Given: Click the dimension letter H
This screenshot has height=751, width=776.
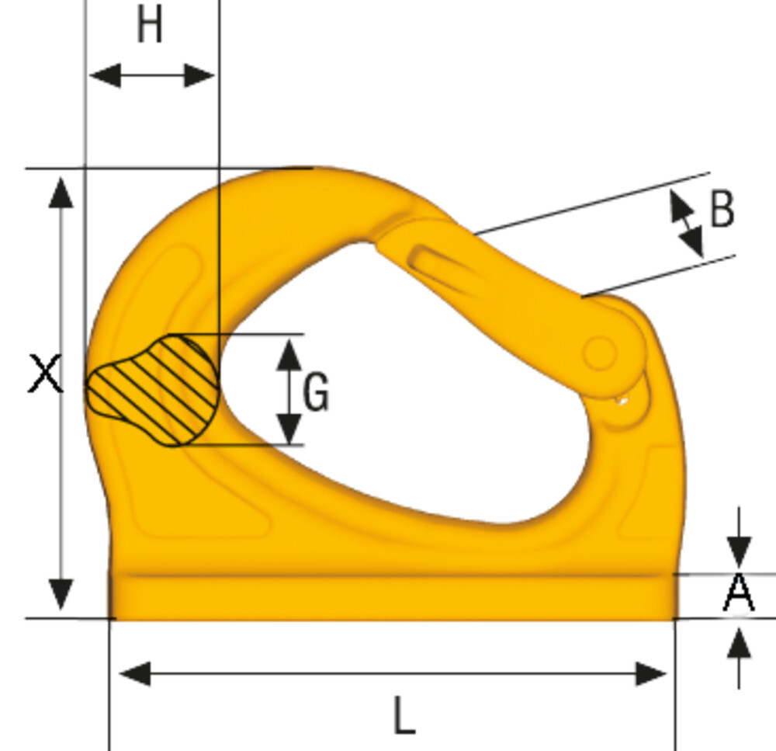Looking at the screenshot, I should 150,27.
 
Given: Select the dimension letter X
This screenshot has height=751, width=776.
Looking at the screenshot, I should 45,374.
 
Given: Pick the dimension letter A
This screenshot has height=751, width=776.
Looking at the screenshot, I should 739,593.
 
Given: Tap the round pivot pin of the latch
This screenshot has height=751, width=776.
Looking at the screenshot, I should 600,353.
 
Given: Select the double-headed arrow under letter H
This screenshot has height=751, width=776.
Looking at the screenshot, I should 151,76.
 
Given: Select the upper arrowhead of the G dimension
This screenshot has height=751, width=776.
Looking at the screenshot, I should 289,353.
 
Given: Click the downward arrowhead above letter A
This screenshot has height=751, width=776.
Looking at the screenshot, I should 740,553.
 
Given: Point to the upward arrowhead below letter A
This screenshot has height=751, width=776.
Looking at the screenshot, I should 740,644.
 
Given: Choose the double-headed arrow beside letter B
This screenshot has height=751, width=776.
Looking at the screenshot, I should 687,224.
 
